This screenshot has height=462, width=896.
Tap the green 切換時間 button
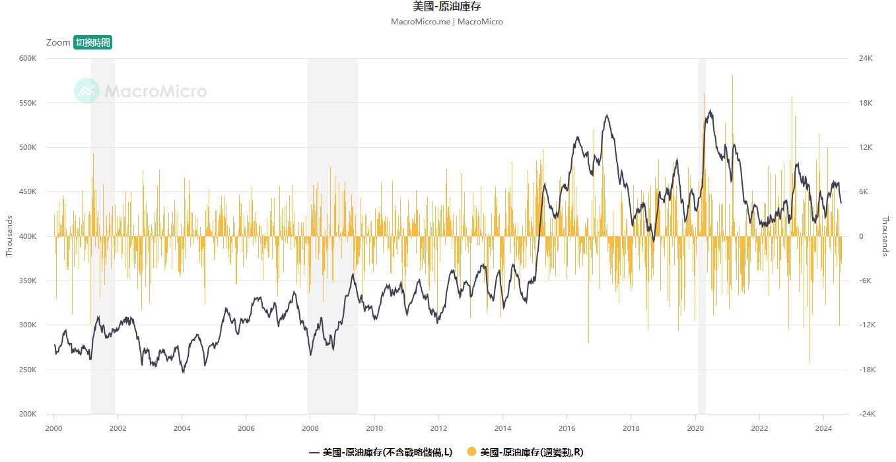coord(92,42)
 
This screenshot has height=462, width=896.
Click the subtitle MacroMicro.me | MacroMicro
coord(447,22)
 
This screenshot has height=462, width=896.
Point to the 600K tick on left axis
coord(28,58)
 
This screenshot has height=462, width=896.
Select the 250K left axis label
coord(28,370)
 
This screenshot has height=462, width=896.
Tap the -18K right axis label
coord(866,370)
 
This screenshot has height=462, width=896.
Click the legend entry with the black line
coord(381,452)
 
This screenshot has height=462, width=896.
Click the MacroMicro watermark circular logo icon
coord(86,91)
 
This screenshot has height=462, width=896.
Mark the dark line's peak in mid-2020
coord(710,110)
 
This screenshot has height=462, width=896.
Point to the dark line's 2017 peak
coord(606,115)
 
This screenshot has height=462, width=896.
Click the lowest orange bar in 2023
coord(810,362)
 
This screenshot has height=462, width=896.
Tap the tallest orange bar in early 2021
coord(732,77)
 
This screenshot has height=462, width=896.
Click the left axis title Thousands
coord(9,236)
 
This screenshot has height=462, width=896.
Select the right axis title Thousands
coord(885,236)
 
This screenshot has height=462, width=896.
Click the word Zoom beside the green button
coord(58,42)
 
